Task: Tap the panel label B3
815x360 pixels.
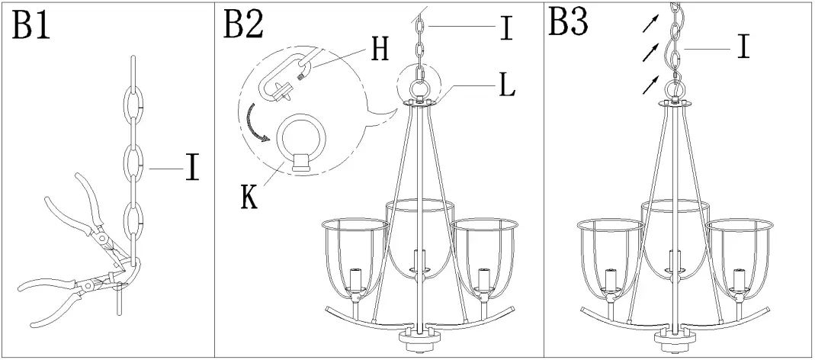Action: (568, 23)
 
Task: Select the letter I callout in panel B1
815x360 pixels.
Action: (192, 167)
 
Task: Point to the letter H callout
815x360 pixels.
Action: (379, 48)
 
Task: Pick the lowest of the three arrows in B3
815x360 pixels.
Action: (648, 85)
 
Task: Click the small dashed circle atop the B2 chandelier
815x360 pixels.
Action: (419, 85)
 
